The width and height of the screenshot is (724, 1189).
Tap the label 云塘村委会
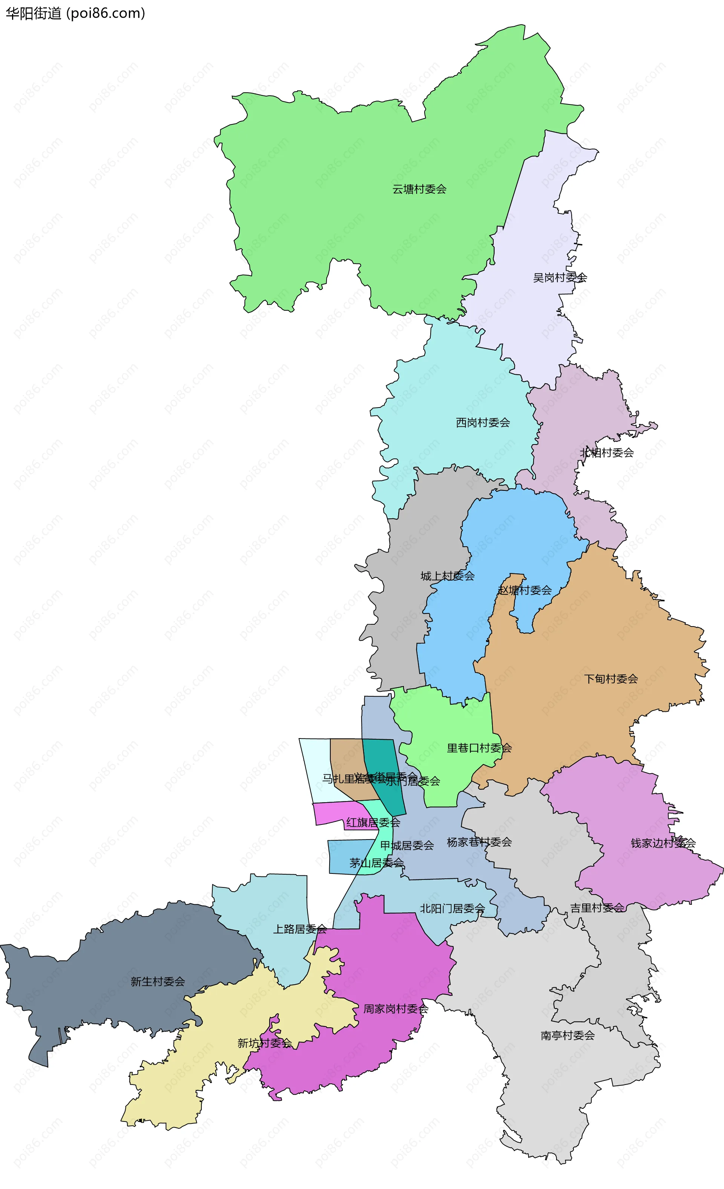419,189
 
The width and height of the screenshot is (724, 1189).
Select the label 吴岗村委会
560,277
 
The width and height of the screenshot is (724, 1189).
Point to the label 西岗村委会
483,423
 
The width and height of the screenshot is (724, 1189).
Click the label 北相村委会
607,453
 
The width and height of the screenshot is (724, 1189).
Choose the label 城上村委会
448,576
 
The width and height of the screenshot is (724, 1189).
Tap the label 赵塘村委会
525,590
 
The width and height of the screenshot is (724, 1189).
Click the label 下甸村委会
611,679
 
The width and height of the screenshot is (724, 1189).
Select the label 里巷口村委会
479,748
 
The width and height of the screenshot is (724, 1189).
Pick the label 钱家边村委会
663,843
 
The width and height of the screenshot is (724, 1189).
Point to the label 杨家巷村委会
479,842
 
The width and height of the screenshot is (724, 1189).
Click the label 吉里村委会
597,908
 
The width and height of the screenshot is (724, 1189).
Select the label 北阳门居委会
452,909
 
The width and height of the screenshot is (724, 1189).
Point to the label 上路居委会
300,929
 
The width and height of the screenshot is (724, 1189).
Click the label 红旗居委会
373,823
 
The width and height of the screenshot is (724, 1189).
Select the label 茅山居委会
376,863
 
